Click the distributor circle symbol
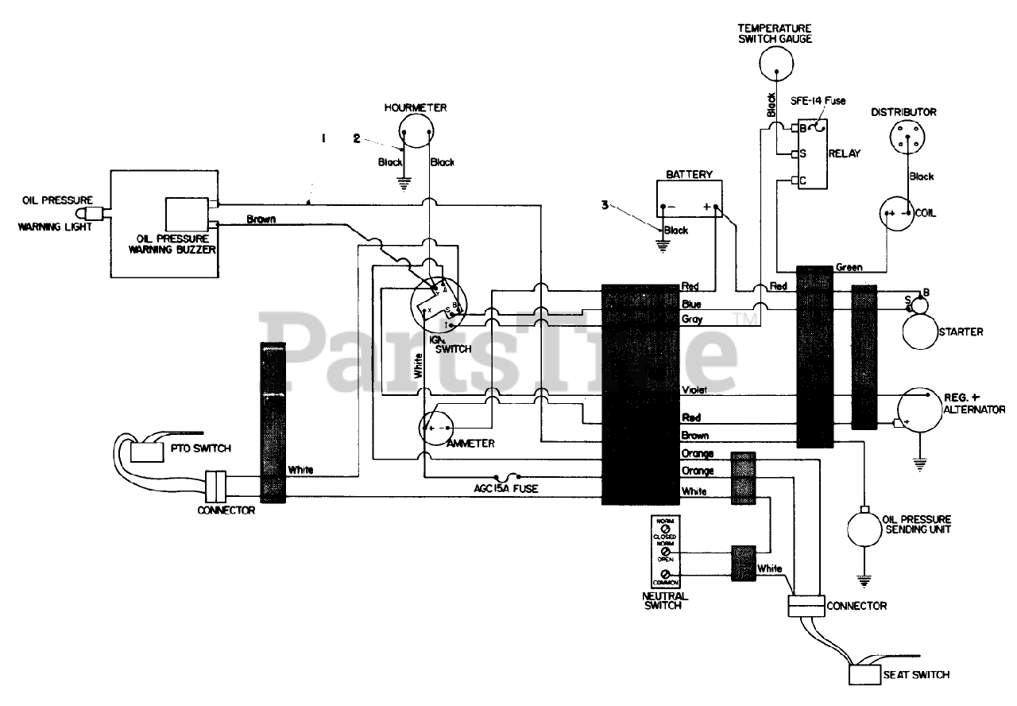pos(903,138)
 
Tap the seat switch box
pos(864,674)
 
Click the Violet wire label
pos(694,390)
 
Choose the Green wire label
pos(849,268)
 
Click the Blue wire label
pos(690,304)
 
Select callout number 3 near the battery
pos(605,204)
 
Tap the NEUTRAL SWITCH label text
pos(666,600)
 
